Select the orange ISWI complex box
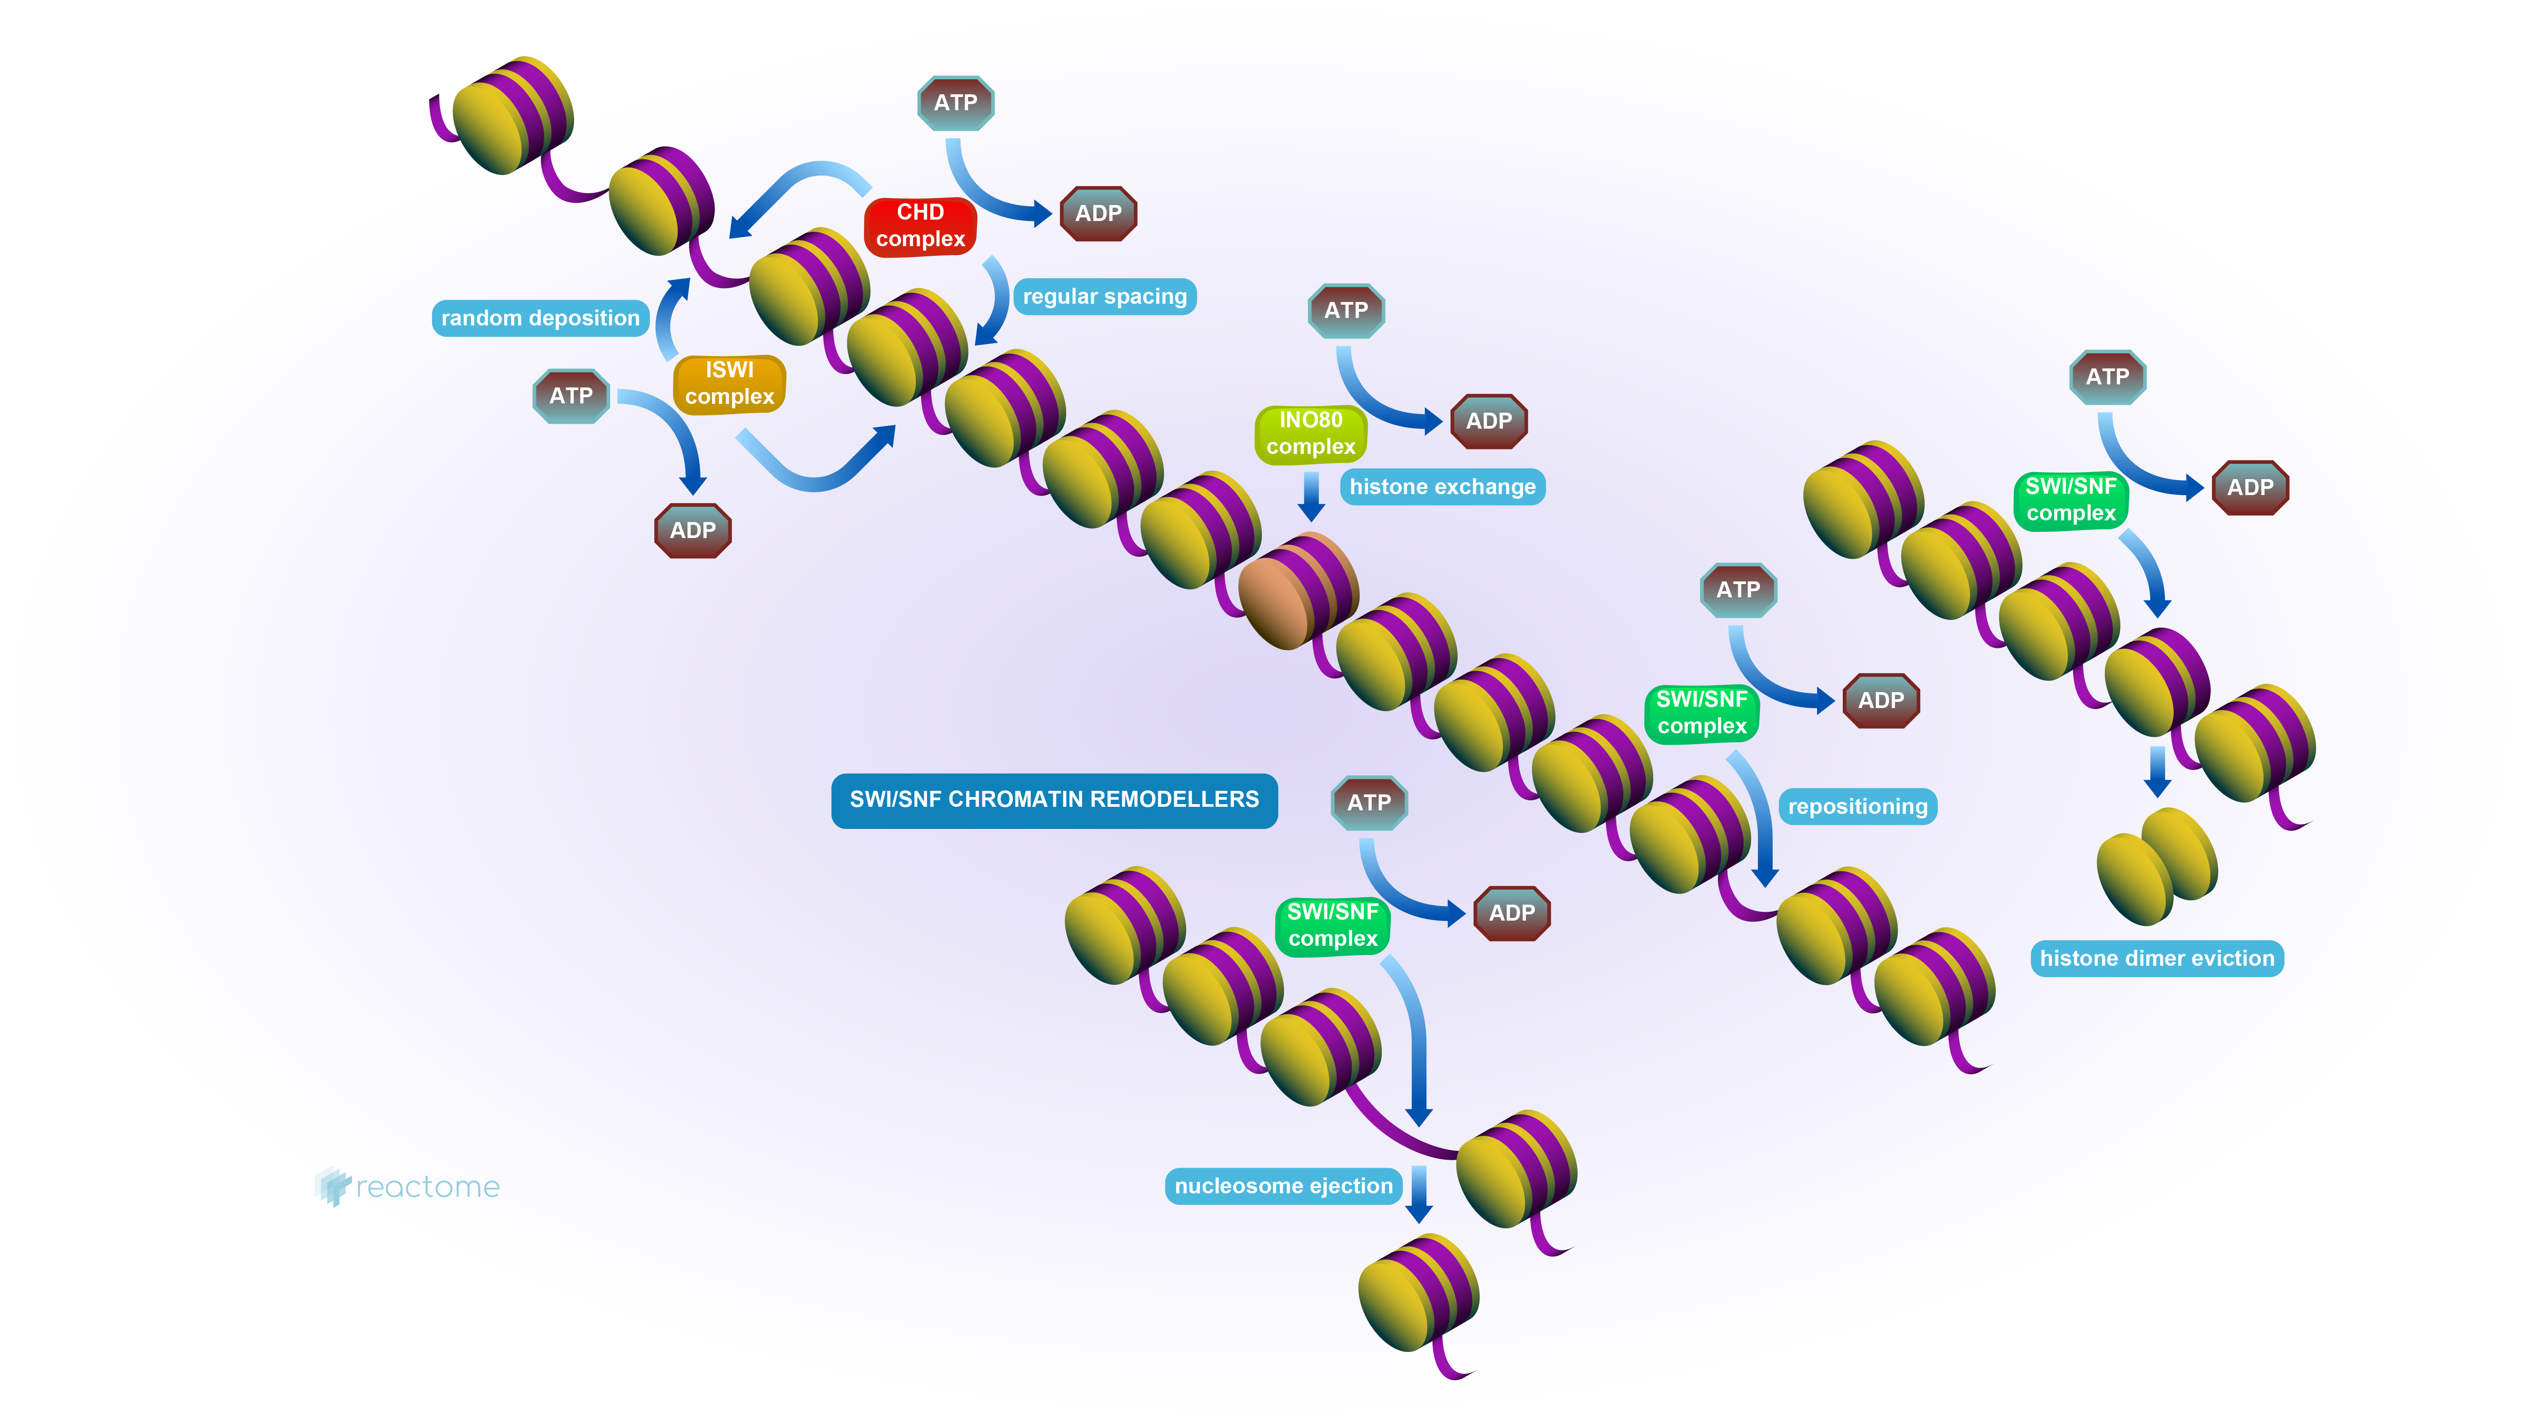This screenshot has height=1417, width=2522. click(x=729, y=383)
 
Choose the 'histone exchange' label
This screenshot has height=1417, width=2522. click(x=1442, y=486)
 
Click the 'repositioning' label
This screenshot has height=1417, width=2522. click(x=1857, y=806)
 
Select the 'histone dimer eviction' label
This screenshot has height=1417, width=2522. click(x=2157, y=958)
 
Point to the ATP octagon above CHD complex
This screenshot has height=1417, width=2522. click(x=956, y=103)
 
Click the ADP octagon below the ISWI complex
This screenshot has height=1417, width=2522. click(x=693, y=530)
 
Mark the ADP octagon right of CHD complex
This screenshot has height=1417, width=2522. click(x=1098, y=213)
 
